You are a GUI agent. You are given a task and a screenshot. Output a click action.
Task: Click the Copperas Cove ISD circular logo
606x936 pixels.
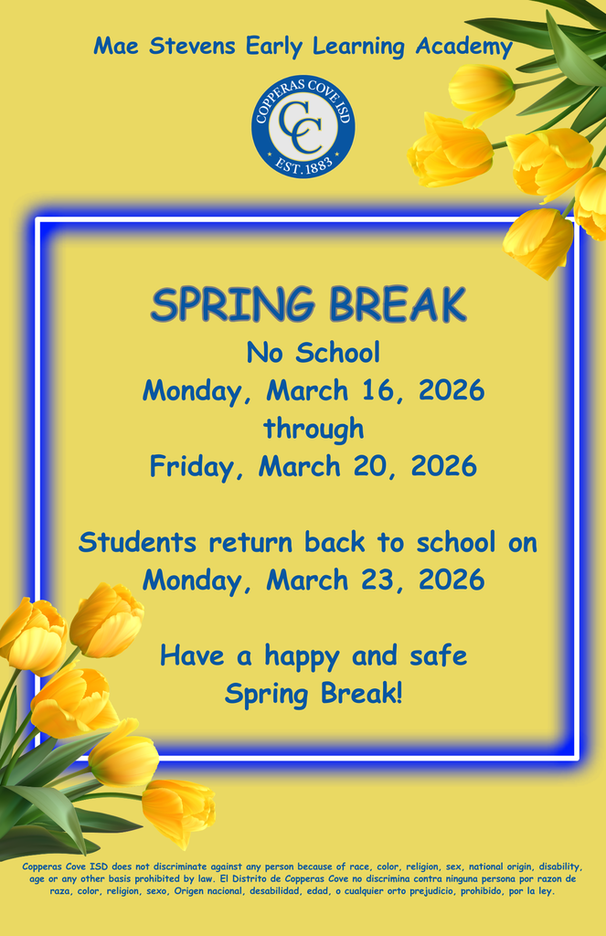click(303, 127)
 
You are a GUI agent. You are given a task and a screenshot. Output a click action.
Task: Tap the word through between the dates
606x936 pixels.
click(314, 429)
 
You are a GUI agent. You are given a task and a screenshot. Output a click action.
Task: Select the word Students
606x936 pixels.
click(137, 542)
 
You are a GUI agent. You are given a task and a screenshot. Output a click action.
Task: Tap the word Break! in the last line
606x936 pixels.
click(361, 694)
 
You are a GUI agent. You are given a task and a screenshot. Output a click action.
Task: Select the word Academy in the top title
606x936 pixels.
click(463, 47)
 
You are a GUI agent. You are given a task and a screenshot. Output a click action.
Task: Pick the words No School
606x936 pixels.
click(314, 352)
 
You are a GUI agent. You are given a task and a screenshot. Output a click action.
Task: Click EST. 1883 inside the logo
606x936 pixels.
click(303, 165)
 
